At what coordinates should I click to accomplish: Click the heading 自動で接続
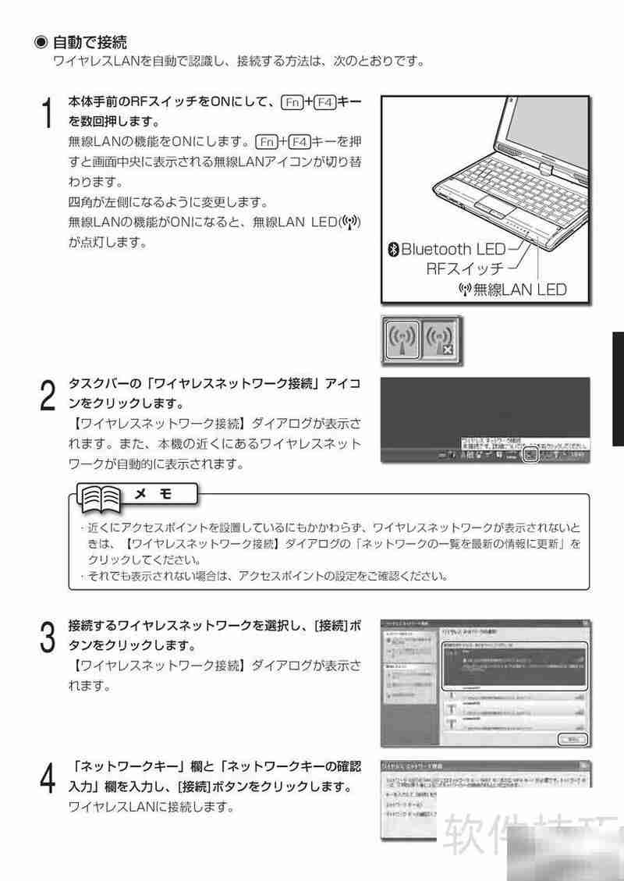[x=90, y=41]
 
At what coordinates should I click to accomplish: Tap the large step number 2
[x=47, y=396]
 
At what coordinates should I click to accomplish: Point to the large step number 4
[x=47, y=778]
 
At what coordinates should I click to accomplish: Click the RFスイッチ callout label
[x=464, y=269]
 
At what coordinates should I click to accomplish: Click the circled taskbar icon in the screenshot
[x=530, y=454]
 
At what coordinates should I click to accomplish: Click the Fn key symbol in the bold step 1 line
[x=292, y=101]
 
